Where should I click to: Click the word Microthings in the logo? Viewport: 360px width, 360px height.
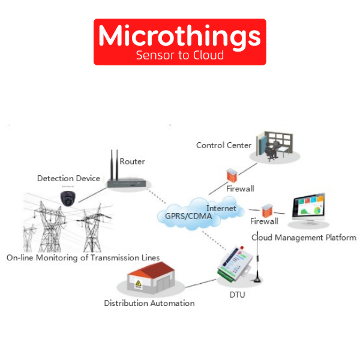pyautogui.click(x=179, y=37)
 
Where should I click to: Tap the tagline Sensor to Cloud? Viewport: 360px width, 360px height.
pyautogui.click(x=179, y=55)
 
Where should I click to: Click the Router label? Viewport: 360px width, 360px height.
pyautogui.click(x=132, y=161)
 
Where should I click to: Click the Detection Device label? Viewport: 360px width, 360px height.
pyautogui.click(x=68, y=178)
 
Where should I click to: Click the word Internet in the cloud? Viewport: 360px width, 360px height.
pyautogui.click(x=221, y=208)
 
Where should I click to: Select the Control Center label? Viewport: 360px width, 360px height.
pyautogui.click(x=224, y=145)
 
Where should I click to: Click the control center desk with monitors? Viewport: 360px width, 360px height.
pyautogui.click(x=274, y=147)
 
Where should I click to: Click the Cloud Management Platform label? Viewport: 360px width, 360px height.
pyautogui.click(x=304, y=238)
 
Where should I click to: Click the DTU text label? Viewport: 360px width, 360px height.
pyautogui.click(x=236, y=295)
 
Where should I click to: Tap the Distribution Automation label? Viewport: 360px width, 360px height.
pyautogui.click(x=149, y=303)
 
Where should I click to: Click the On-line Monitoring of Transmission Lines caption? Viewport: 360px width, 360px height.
pyautogui.click(x=83, y=257)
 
